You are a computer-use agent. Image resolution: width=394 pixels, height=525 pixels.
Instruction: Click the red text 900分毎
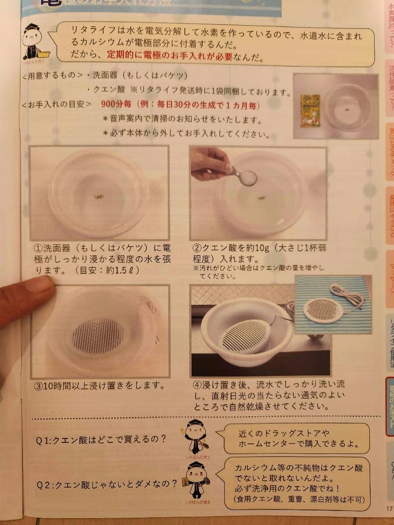(117, 105)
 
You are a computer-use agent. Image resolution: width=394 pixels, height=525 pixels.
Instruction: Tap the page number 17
(389, 509)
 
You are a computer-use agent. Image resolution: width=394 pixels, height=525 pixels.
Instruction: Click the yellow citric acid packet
(310, 110)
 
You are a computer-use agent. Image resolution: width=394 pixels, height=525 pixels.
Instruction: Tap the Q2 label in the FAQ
(44, 485)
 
